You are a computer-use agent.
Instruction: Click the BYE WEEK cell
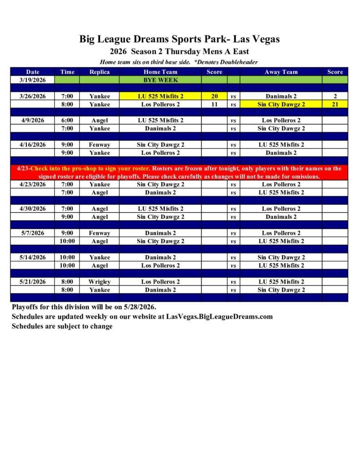tap(161, 80)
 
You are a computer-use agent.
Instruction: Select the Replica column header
tap(100, 72)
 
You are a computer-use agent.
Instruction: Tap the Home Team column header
tap(160, 72)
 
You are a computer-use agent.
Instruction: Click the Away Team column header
tap(281, 72)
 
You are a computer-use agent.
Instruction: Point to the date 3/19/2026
tap(33, 80)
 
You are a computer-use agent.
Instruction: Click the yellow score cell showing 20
tap(215, 96)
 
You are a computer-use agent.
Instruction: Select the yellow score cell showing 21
tap(335, 104)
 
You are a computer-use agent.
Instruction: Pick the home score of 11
tap(215, 104)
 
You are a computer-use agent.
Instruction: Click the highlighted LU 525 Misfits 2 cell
tap(160, 96)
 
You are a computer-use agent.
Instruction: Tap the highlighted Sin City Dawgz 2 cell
tap(281, 104)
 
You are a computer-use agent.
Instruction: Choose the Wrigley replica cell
tap(100, 282)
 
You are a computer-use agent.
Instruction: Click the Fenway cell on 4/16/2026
tap(100, 145)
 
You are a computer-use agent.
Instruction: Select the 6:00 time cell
tap(67, 120)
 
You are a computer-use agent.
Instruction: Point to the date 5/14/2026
tap(33, 257)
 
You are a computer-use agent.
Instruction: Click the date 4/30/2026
tap(33, 208)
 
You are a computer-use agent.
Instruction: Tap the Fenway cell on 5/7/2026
tap(100, 233)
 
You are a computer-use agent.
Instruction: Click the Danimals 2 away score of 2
tap(335, 96)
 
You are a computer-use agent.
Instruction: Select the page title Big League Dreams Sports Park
tap(180, 39)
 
